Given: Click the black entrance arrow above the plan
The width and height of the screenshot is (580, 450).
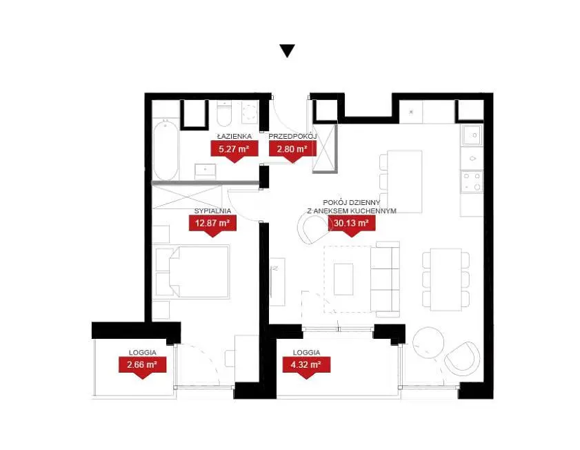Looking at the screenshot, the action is [287, 50].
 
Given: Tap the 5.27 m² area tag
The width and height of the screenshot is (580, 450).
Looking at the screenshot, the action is [234, 151].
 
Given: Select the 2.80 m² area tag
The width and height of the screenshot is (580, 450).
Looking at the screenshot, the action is [292, 151].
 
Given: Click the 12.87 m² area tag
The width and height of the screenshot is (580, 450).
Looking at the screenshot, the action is [212, 225].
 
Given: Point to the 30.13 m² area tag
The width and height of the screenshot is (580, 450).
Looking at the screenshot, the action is [352, 225].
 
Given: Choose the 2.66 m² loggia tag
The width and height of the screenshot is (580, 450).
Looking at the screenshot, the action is [142, 366].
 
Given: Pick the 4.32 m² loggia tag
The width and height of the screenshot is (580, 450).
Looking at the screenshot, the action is [306, 366].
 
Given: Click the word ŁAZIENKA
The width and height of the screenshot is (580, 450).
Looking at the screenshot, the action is [234, 136].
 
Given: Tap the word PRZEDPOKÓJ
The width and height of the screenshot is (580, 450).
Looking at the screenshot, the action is [292, 136].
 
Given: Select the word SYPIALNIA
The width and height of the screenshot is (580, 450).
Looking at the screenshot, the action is [212, 211].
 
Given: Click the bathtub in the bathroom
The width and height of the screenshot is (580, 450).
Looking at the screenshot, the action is [166, 149].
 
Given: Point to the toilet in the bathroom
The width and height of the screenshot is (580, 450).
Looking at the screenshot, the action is [223, 115].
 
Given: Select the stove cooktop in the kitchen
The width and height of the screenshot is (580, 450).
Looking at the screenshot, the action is [472, 182].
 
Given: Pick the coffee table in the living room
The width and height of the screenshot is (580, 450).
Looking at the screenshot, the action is [343, 279].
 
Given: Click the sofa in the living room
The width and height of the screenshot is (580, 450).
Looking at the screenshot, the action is [385, 279].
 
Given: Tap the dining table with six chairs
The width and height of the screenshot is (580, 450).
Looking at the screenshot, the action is [446, 280].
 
